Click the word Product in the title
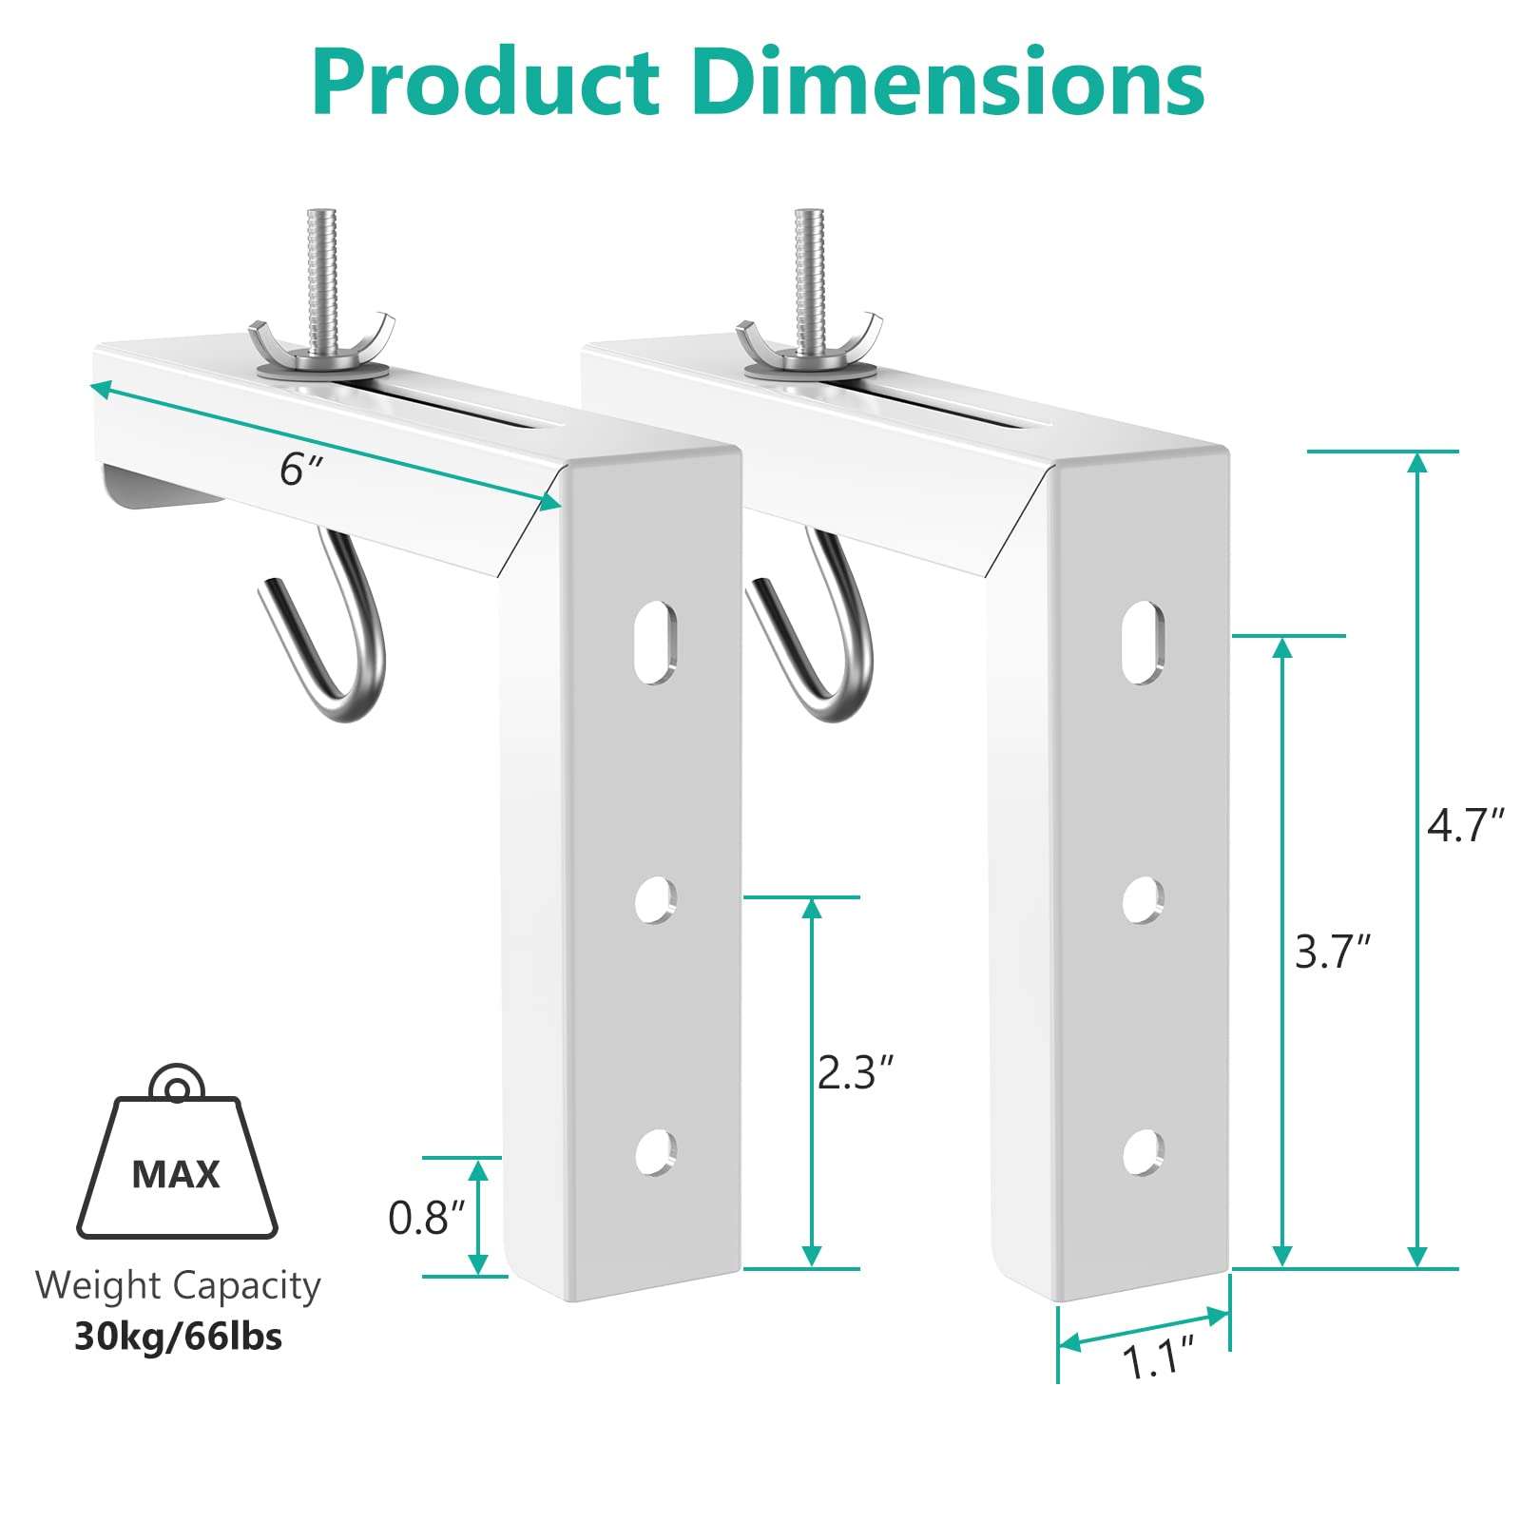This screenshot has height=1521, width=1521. coord(486,83)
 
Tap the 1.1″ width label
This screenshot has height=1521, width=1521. coord(1158,1359)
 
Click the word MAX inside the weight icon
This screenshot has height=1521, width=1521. coord(176,1175)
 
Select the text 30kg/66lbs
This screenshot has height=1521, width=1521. coord(178,1337)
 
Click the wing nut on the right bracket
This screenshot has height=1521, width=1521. coord(809,341)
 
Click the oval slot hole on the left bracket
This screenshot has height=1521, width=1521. coord(655,642)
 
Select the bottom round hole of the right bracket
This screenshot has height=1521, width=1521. coord(1142,1153)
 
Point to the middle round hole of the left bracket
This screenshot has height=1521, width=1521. coord(655,899)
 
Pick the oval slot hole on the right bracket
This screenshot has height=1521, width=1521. coord(1143,642)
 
